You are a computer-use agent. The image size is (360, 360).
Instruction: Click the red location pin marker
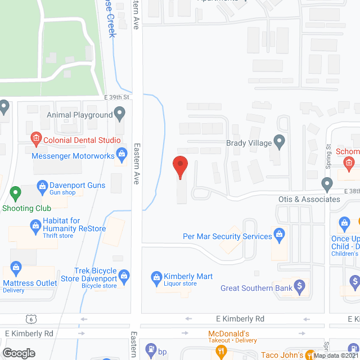[180, 166]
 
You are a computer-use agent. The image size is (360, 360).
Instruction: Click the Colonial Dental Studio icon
[35, 137]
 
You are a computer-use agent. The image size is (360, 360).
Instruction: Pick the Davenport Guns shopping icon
[42, 184]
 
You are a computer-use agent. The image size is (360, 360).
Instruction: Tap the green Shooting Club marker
[15, 194]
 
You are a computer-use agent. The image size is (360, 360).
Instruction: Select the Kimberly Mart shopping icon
[156, 276]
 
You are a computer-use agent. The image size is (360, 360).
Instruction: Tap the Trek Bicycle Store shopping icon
[124, 275]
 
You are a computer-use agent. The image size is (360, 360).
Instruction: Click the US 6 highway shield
[29, 318]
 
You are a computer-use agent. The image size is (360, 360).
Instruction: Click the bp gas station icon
[151, 350]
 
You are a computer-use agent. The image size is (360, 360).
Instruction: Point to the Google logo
[19, 353]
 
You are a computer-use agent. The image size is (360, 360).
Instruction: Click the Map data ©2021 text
[335, 355]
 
